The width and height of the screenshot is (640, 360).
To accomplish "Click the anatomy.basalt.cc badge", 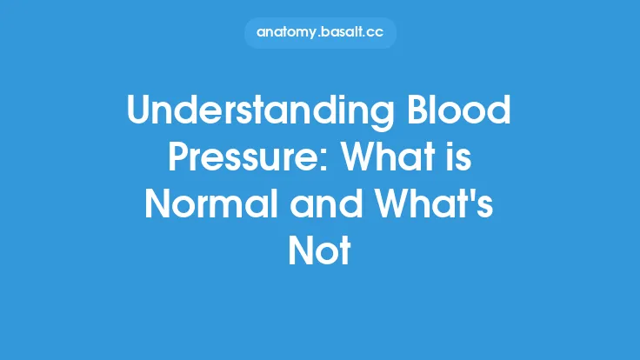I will tap(320, 32).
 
